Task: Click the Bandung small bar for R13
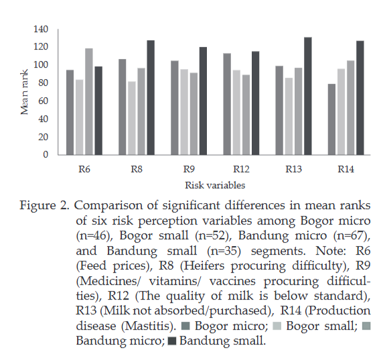[308, 96]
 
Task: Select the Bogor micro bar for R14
[331, 119]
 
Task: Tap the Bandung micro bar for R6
[89, 102]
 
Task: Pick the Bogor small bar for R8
[132, 118]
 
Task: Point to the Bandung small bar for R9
[203, 101]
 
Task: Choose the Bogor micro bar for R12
[227, 104]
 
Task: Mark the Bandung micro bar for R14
[350, 108]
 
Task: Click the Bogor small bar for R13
[289, 116]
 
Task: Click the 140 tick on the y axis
[41, 29]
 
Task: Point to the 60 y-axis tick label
[44, 101]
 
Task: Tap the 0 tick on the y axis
[46, 154]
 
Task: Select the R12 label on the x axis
[241, 169]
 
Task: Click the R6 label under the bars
[84, 169]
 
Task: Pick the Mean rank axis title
[25, 92]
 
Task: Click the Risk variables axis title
[215, 185]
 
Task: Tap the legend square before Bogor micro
[185, 326]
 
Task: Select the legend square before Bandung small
[172, 341]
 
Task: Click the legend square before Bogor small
[277, 326]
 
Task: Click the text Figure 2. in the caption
[44, 206]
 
